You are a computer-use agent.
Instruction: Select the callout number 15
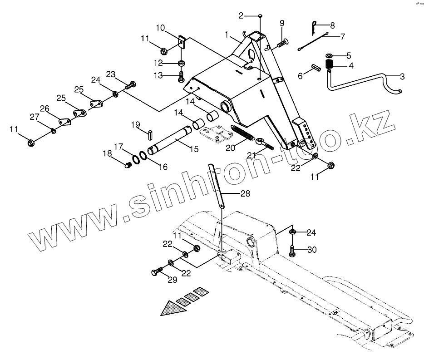pos(194,148)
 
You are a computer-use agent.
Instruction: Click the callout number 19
pos(136,124)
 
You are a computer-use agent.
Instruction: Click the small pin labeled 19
pos(149,134)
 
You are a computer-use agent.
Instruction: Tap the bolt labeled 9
pos(281,43)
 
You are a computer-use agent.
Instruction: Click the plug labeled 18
pos(128,165)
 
